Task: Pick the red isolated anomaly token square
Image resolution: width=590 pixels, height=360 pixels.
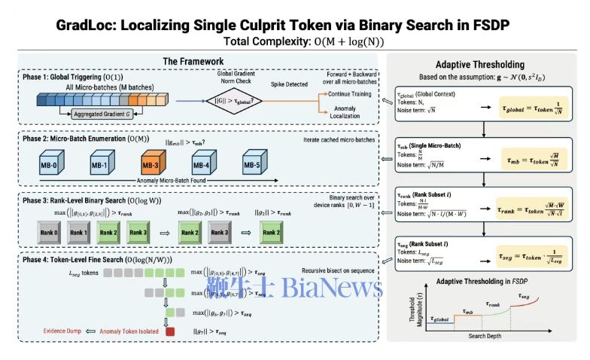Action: (x=170, y=331)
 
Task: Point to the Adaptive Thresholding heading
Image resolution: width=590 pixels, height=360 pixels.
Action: (x=485, y=65)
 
